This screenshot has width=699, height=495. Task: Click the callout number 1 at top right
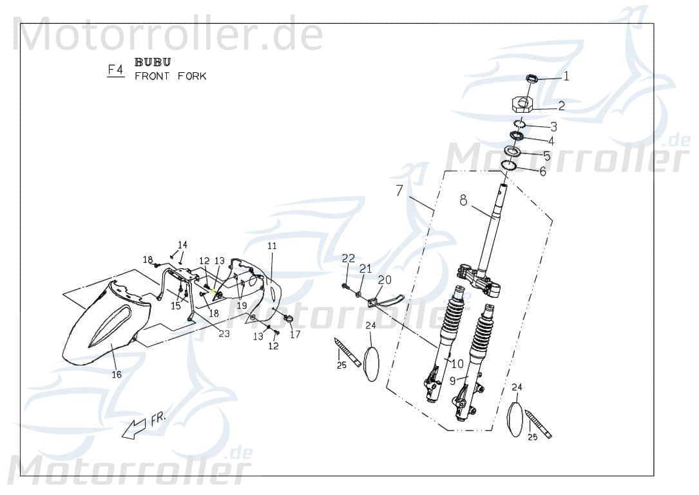(x=566, y=77)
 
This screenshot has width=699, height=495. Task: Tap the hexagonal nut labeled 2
(x=522, y=103)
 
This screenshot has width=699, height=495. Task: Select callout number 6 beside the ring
(x=542, y=172)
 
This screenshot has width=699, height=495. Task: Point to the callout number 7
(x=399, y=191)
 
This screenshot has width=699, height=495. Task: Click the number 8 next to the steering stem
(x=463, y=200)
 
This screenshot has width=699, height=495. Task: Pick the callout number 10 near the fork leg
(x=458, y=364)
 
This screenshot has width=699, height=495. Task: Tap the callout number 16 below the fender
(x=117, y=374)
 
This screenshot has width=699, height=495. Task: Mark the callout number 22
(x=348, y=258)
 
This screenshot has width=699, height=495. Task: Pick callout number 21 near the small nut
(x=365, y=269)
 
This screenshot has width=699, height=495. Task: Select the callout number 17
(x=295, y=335)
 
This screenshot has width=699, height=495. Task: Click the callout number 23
(x=224, y=333)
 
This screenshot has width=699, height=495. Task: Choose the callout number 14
(x=182, y=245)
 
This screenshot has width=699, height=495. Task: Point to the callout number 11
(x=271, y=246)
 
